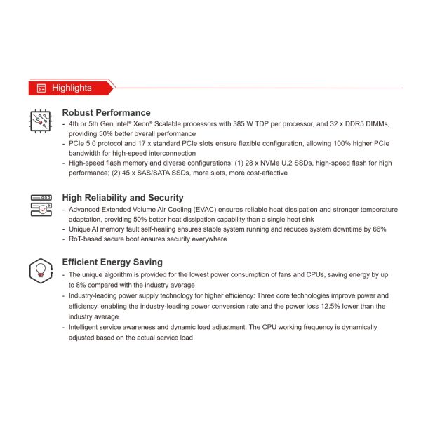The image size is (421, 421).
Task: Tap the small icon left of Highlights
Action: point(41,88)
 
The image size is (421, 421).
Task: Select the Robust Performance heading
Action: point(106,112)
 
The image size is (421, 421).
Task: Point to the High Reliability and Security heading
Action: point(123,198)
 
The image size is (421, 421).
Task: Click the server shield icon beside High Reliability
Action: point(40,205)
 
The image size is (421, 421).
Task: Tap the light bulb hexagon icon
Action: point(40,270)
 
